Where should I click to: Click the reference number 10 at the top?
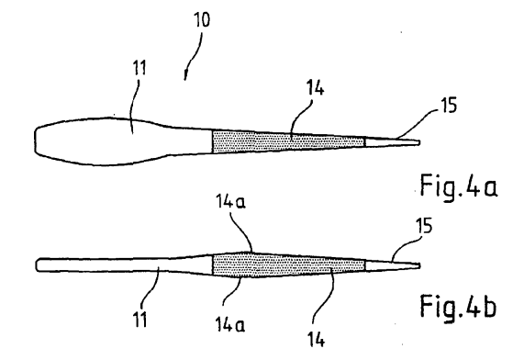click(202, 19)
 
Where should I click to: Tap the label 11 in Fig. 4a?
click(139, 68)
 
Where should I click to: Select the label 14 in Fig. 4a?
click(315, 89)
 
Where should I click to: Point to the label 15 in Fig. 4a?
click(449, 106)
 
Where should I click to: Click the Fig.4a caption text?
click(459, 186)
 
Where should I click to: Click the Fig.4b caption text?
click(458, 305)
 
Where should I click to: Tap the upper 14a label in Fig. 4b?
click(230, 202)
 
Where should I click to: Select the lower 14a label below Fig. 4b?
click(230, 324)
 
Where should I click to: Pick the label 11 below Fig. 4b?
click(140, 320)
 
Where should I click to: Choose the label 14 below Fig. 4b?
click(316, 340)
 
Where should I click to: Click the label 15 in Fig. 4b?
click(424, 225)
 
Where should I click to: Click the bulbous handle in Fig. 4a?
click(124, 141)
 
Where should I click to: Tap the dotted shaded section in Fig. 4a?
click(289, 141)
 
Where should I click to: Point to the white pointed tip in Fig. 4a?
click(392, 141)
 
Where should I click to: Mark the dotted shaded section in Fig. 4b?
click(289, 265)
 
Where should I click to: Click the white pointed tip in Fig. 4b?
click(392, 265)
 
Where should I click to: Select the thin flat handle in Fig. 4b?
click(124, 264)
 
